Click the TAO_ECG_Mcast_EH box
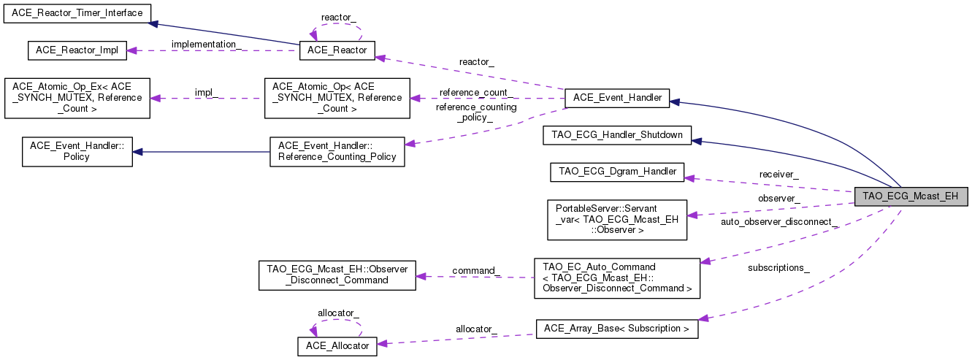click(x=911, y=196)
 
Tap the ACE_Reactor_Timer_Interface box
click(x=77, y=13)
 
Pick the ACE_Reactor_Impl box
click(x=77, y=50)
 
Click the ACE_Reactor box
click(x=337, y=50)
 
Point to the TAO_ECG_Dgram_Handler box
click(x=617, y=172)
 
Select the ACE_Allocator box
click(x=337, y=345)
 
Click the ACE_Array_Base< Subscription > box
click(x=617, y=329)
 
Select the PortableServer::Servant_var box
click(x=617, y=220)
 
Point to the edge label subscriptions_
click(x=778, y=268)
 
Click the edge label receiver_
click(x=778, y=175)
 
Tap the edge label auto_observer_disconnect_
click(x=778, y=221)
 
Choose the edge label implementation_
click(x=207, y=45)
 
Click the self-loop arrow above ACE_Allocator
click(x=337, y=320)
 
